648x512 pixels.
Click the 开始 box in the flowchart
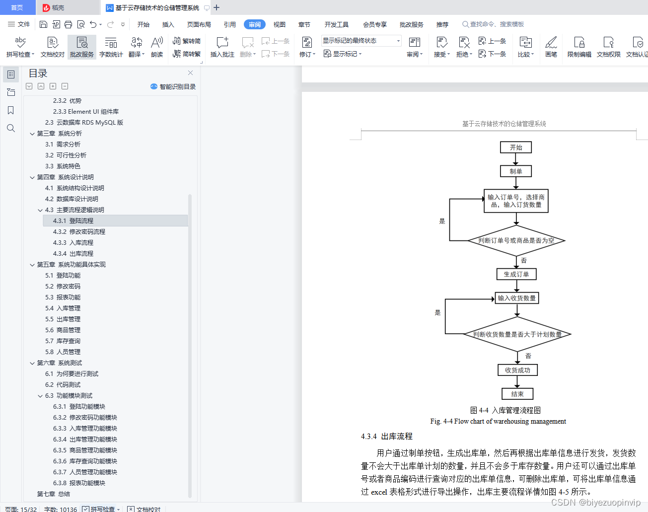[x=516, y=147]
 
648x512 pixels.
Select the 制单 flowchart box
[x=516, y=171]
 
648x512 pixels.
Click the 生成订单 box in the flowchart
[x=516, y=274]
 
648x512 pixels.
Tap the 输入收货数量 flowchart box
[x=517, y=298]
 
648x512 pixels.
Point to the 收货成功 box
[x=517, y=370]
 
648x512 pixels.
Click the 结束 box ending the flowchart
[x=517, y=394]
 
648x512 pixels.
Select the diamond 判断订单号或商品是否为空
[x=516, y=240]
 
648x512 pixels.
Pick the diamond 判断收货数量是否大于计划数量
[x=517, y=334]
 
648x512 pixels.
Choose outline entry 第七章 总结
[x=54, y=494]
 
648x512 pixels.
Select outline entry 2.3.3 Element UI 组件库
[x=86, y=112]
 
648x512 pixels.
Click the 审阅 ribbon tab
[x=255, y=24]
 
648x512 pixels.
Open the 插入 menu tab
[x=168, y=24]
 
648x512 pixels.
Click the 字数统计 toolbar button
[x=111, y=47]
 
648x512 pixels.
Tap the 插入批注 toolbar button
[x=222, y=47]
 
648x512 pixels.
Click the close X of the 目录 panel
[x=190, y=73]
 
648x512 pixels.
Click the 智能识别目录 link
[x=173, y=86]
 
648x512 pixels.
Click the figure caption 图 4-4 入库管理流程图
[x=505, y=410]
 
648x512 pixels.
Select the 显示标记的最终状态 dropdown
[x=361, y=41]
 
